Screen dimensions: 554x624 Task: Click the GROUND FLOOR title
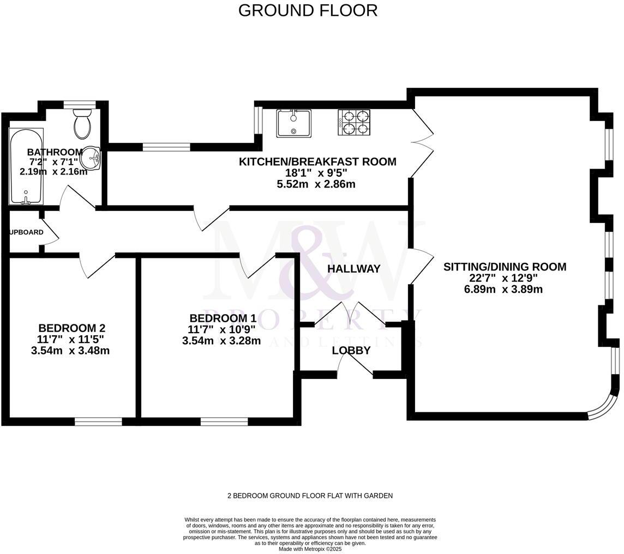click(308, 10)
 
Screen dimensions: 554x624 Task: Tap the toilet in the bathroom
click(83, 124)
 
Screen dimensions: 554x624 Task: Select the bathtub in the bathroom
click(26, 166)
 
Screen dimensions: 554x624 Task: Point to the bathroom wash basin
click(91, 159)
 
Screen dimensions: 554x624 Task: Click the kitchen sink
click(293, 123)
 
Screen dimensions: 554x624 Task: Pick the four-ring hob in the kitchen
click(354, 123)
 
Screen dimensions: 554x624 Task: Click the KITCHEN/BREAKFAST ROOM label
click(317, 161)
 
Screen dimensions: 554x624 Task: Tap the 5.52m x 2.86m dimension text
click(316, 184)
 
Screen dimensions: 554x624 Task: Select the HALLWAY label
click(353, 269)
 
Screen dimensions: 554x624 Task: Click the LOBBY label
click(351, 351)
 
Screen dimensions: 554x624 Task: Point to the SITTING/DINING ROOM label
click(505, 267)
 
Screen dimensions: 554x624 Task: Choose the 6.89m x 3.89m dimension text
click(503, 290)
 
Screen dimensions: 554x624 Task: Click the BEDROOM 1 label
click(223, 318)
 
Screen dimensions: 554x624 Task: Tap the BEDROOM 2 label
click(71, 328)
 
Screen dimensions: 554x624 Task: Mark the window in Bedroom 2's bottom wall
click(98, 421)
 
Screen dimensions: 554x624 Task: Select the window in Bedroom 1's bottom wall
click(224, 421)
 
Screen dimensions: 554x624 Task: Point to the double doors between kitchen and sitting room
click(422, 141)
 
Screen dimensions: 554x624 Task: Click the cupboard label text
click(26, 232)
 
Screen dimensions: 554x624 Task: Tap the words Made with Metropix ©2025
click(310, 549)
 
